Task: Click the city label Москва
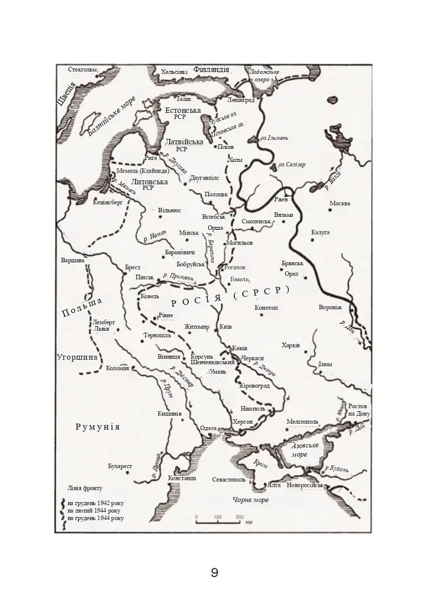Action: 340,204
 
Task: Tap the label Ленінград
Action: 240,100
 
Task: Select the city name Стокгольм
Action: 82,70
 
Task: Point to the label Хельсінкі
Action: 174,72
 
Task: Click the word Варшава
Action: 73,260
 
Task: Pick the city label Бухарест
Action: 120,466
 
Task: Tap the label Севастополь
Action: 228,480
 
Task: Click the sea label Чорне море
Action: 250,500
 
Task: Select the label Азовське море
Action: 305,450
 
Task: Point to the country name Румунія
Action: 98,427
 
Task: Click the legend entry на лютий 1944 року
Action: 95,510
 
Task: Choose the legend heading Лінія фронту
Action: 85,489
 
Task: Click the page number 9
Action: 214,573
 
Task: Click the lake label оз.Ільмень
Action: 275,138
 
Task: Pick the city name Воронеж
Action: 330,308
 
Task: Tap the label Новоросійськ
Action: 305,485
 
